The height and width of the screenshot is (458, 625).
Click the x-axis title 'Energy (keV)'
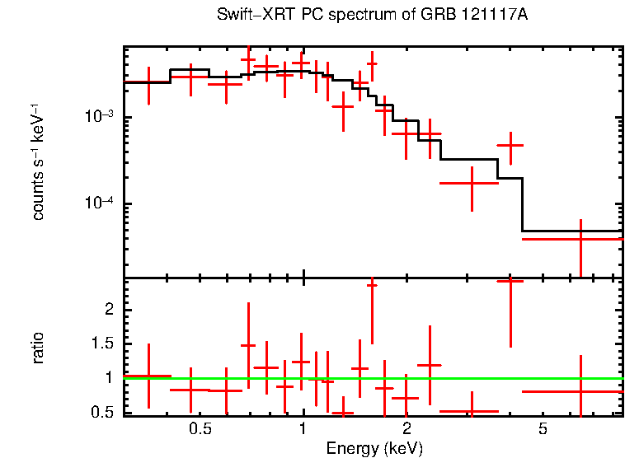[374, 448]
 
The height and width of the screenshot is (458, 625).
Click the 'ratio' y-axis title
[38, 348]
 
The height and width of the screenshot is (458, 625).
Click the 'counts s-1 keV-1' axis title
[38, 163]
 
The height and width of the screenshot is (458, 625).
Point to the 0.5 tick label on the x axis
[200, 429]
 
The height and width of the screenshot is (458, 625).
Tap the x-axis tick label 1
[303, 429]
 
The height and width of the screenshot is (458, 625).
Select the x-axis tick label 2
[406, 429]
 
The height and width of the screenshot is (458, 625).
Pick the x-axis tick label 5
[543, 429]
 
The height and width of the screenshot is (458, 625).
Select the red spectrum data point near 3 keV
[470, 183]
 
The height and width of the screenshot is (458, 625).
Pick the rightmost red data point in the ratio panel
[580, 391]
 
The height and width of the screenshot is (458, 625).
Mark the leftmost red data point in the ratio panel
[148, 376]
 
